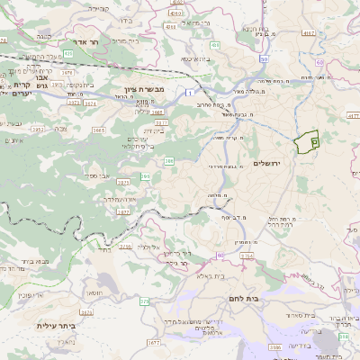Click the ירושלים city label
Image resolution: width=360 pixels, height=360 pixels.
pos(268,163)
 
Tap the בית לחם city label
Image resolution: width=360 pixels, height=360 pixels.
pos(265,297)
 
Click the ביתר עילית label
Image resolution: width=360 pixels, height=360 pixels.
pos(54,325)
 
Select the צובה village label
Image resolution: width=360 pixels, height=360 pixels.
pos(60,129)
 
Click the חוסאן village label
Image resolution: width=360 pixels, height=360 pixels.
pos(93,294)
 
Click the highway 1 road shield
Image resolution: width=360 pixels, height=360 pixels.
pos(191,93)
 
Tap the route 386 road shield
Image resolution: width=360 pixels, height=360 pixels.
pos(168,162)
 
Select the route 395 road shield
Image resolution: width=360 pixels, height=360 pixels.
pos(145,177)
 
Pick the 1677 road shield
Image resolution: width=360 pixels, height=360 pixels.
pos(153,342)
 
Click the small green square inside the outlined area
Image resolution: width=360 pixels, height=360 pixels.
pos(314,141)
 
